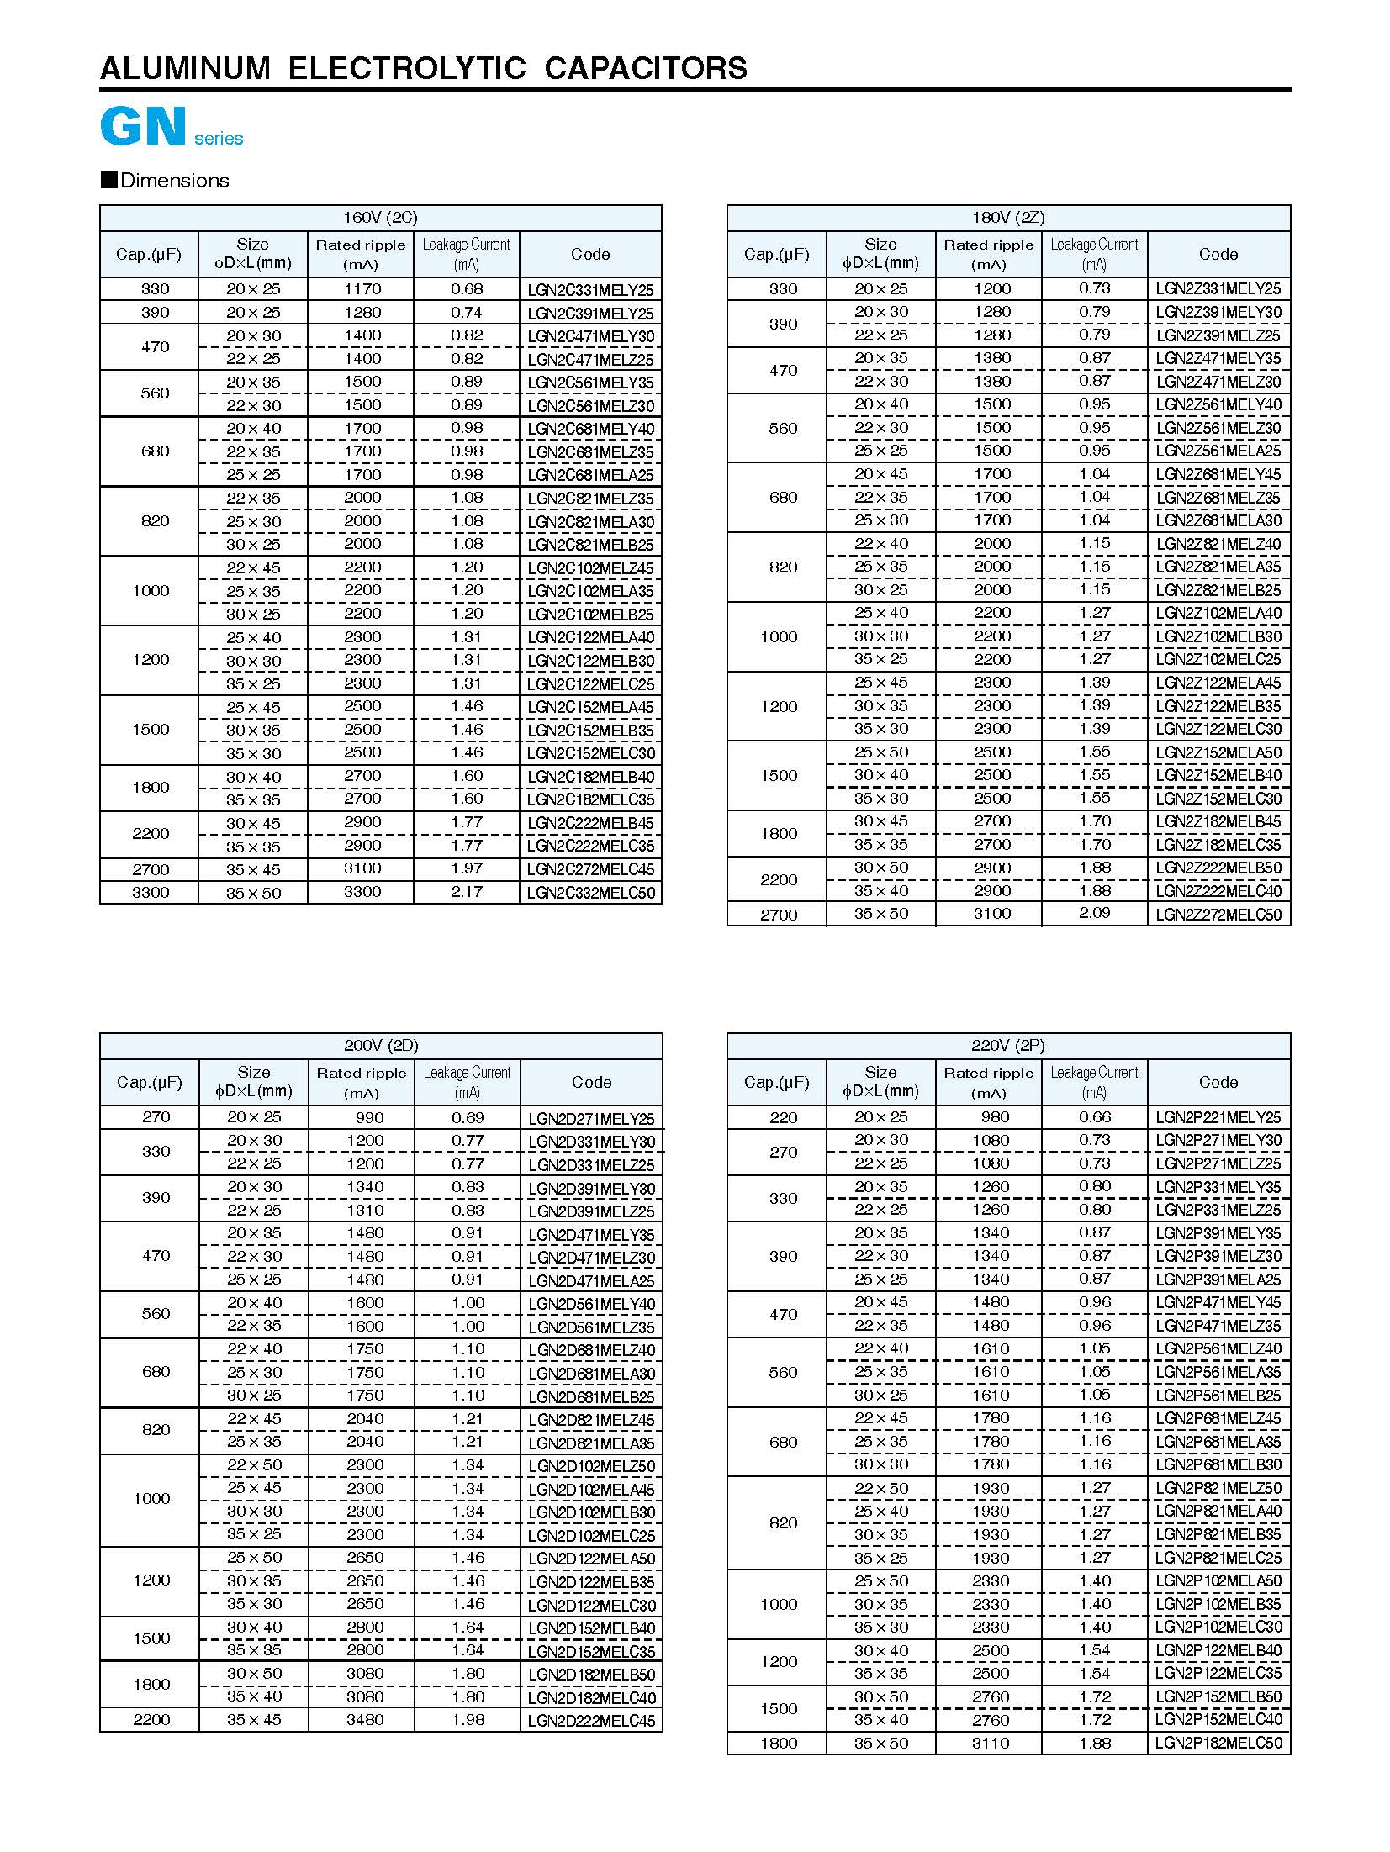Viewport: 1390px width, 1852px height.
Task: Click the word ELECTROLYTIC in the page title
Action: point(407,68)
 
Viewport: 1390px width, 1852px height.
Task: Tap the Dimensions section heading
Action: point(174,181)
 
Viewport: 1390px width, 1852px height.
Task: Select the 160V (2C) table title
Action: point(380,218)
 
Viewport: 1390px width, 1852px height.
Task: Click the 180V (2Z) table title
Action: point(1007,218)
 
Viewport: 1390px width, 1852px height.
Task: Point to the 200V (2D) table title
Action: point(381,1046)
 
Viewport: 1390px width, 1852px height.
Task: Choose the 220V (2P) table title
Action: point(1007,1046)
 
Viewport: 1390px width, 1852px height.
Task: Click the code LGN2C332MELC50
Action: point(590,893)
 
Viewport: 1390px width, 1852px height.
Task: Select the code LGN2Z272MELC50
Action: point(1218,915)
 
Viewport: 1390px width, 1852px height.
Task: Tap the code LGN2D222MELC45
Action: point(591,1721)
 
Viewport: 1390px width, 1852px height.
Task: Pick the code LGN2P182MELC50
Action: point(1218,1744)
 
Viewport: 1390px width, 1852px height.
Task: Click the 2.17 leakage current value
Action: point(467,892)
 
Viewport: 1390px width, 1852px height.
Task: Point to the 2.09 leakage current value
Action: point(1094,913)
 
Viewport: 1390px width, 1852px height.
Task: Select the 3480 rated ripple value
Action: point(365,1720)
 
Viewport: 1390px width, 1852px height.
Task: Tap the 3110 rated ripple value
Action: point(991,1744)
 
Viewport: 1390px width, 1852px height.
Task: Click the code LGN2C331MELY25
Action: point(590,290)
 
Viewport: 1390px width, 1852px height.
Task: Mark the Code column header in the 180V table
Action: point(1218,254)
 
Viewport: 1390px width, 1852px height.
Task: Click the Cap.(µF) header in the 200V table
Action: point(150,1082)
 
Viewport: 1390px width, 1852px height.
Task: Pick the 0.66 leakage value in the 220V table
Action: point(1094,1117)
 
